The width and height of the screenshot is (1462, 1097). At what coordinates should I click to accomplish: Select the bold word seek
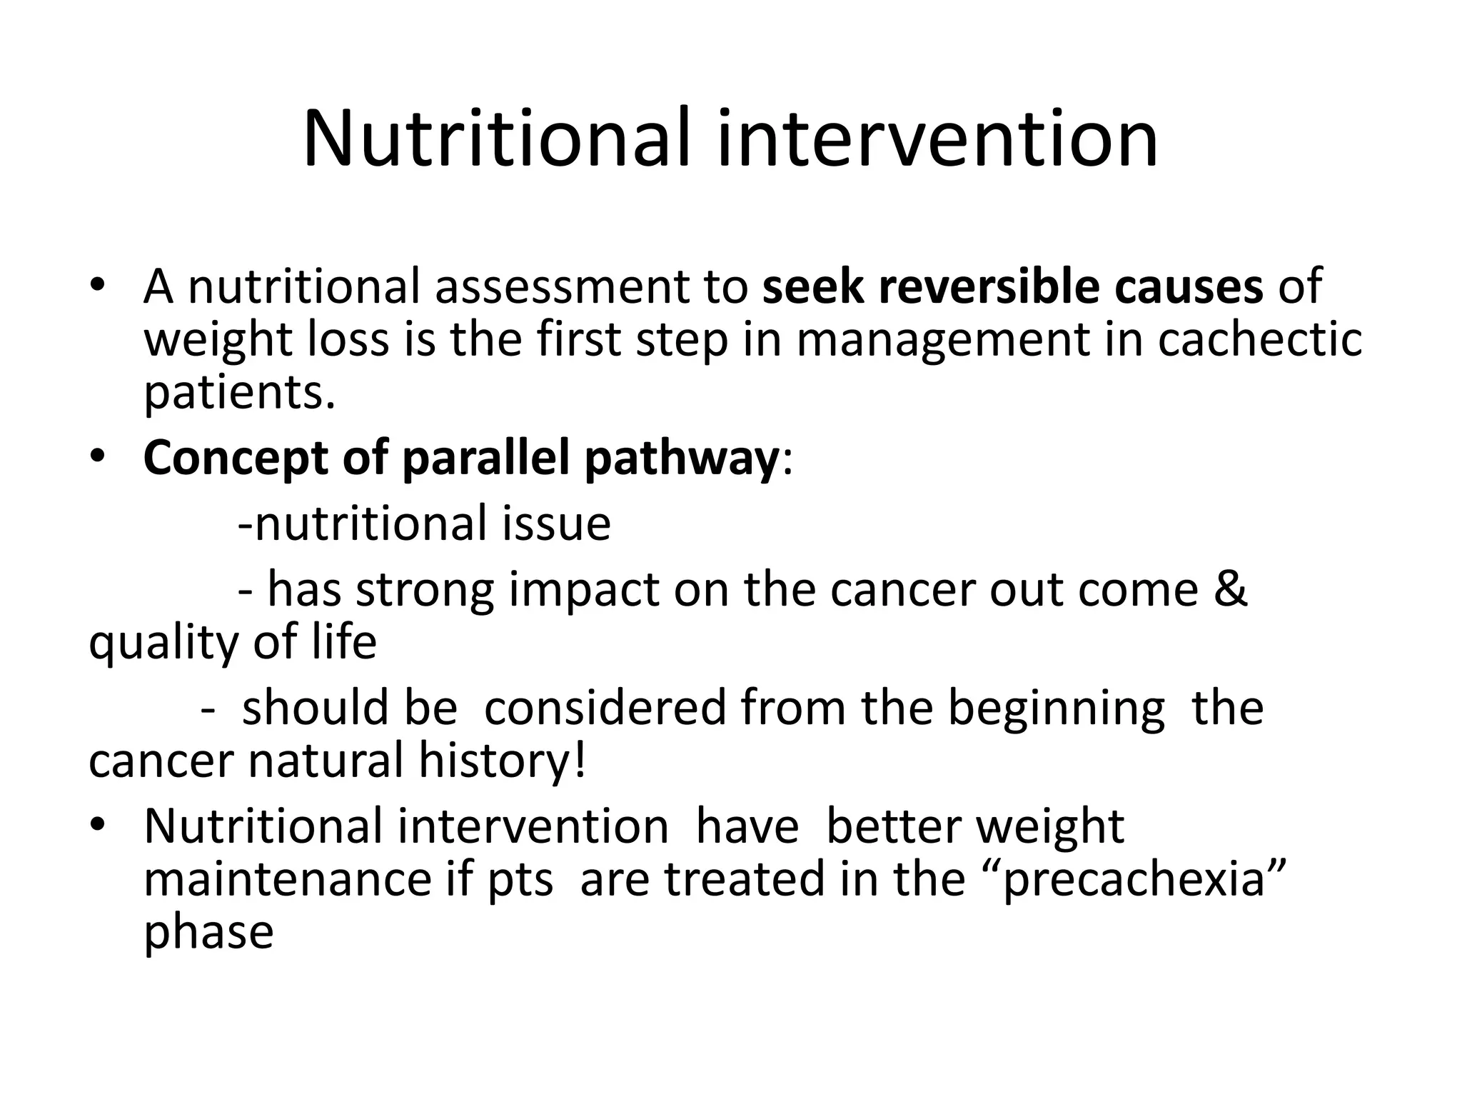pyautogui.click(x=812, y=286)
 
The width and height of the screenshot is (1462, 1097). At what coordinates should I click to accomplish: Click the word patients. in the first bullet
pyautogui.click(x=239, y=393)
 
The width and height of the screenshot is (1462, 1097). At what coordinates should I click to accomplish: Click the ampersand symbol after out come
pyautogui.click(x=1229, y=589)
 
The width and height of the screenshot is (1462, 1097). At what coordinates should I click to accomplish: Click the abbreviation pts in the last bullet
pyautogui.click(x=520, y=881)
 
